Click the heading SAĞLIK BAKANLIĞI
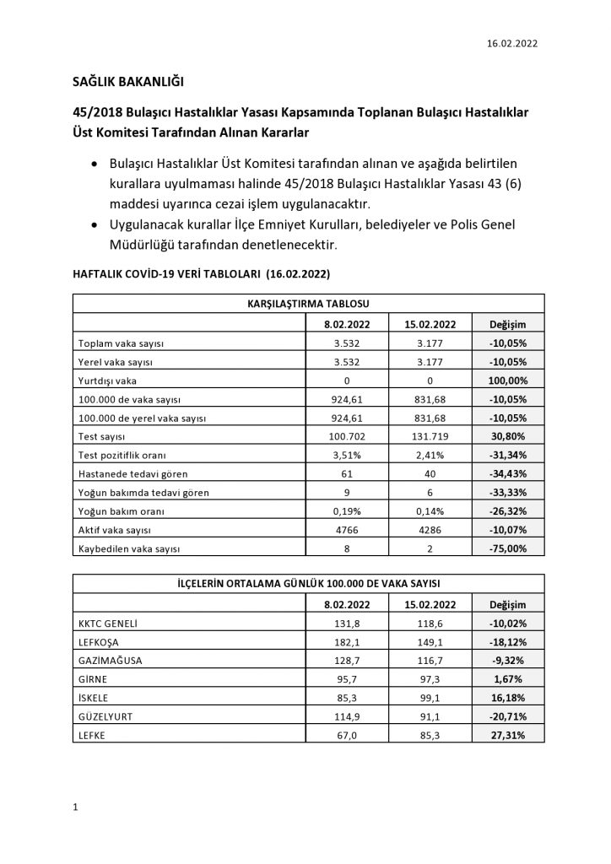127,82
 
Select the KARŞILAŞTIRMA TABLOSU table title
309,303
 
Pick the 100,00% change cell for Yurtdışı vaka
507,381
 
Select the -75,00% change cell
507,548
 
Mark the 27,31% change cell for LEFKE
507,736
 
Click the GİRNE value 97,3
430,679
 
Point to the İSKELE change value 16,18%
507,699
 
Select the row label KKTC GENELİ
107,624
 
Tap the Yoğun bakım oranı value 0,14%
430,510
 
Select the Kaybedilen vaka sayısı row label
129,548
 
